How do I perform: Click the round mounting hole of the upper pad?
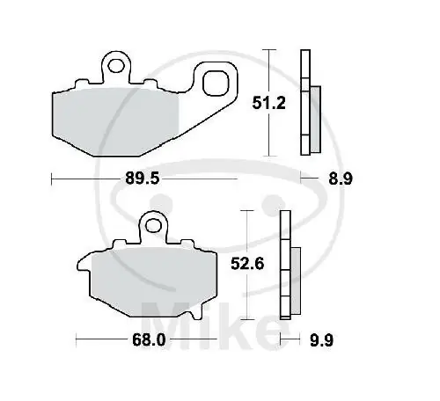(x=115, y=62)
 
